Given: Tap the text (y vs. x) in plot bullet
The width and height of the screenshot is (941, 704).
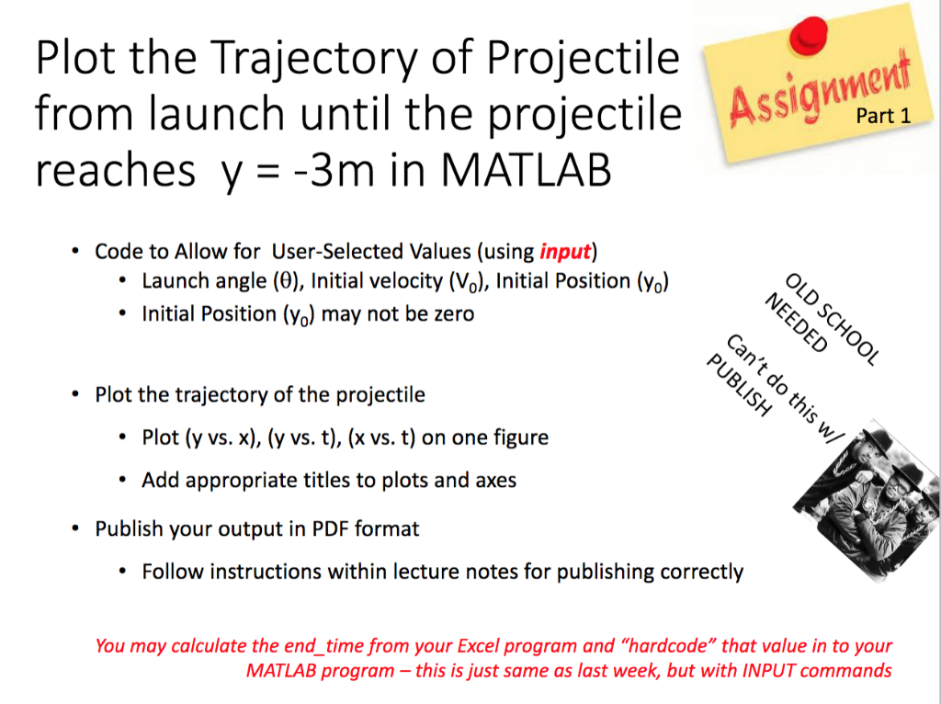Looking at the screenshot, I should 223,437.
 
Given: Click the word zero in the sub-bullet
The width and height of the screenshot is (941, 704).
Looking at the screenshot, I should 454,314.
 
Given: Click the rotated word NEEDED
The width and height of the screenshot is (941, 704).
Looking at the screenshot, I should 796,325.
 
